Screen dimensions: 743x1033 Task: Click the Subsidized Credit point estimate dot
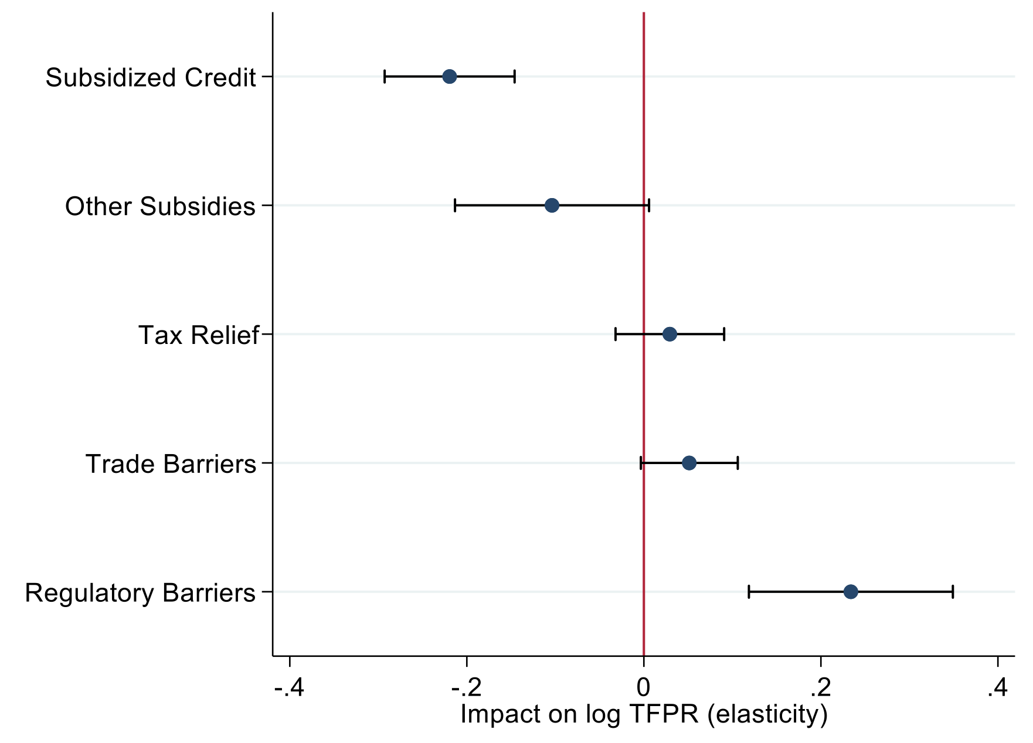[449, 77]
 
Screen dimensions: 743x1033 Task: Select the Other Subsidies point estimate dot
[552, 206]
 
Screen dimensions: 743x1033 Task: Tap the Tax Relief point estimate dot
[670, 335]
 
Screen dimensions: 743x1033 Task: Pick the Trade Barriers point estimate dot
[689, 463]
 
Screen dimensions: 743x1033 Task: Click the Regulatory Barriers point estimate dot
[851, 592]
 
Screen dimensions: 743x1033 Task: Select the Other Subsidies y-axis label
[160, 207]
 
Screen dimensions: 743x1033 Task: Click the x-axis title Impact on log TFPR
[644, 715]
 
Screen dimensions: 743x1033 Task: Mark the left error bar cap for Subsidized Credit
[385, 77]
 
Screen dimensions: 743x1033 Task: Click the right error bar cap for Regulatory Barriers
[953, 592]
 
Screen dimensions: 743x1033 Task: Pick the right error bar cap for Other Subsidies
[648, 206]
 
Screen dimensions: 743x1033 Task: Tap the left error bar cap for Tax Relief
[616, 335]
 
